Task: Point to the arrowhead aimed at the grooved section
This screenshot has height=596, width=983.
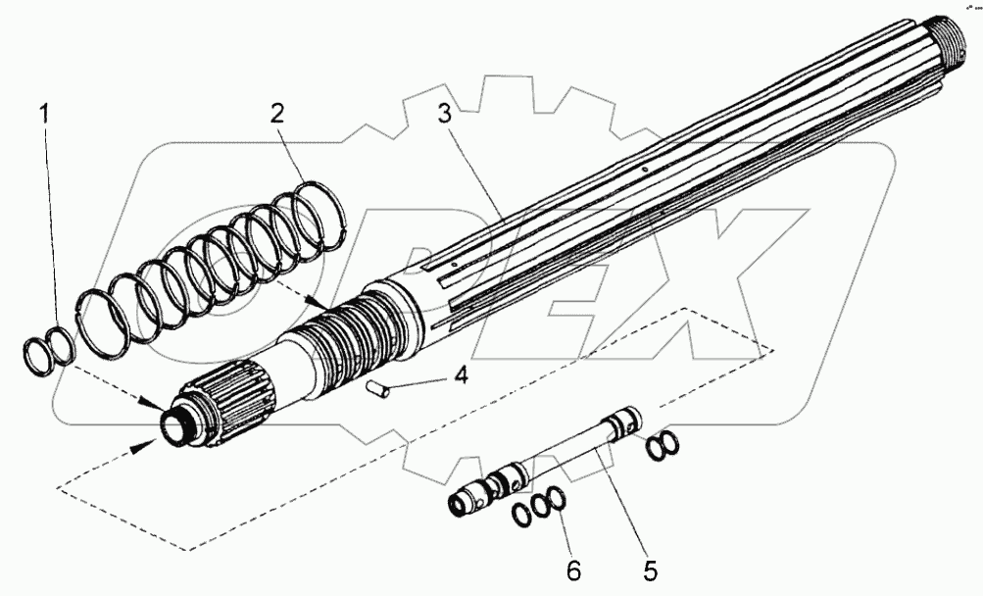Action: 317,303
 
